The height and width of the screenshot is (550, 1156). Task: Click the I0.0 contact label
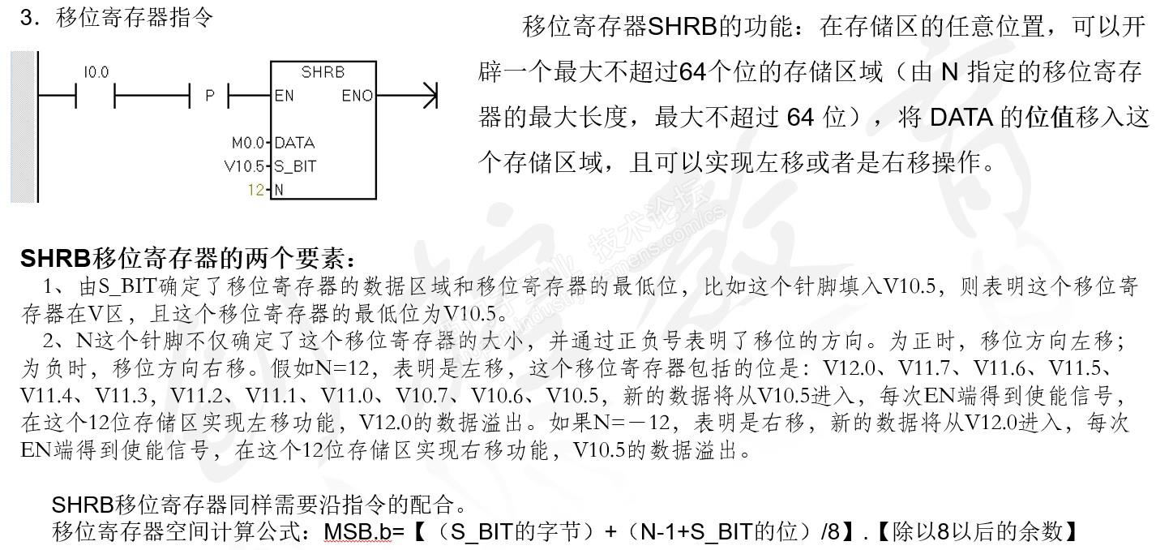95,73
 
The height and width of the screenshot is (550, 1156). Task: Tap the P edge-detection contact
210,96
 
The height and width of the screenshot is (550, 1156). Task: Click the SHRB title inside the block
323,72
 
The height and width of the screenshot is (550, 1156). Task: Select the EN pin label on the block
284,96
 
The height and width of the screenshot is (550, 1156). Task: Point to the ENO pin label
357,96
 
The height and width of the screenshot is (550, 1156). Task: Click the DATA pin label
294,143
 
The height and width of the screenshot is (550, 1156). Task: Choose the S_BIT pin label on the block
295,167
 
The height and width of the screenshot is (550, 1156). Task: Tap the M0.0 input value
248,143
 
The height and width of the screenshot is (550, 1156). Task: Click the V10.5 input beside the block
244,167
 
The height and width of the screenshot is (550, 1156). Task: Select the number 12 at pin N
256,190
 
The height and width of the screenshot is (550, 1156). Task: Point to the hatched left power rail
24,127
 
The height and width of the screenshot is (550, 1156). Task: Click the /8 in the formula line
829,532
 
